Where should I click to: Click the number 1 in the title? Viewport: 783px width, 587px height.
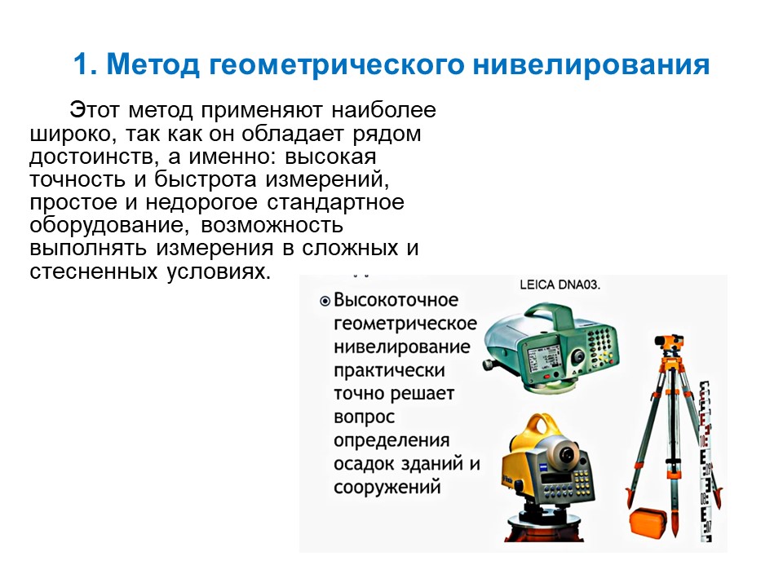(82, 64)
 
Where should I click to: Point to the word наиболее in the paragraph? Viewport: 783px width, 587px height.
(383, 110)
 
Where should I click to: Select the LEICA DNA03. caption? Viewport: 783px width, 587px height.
(560, 285)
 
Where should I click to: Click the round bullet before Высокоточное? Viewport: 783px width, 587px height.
(325, 301)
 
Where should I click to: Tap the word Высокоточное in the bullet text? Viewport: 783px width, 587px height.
(396, 300)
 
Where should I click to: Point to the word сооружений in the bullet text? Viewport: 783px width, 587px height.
(387, 487)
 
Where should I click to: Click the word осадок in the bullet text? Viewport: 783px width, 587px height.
(366, 464)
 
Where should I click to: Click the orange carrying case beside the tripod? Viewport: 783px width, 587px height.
(648, 522)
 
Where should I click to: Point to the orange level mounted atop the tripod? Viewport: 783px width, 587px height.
(669, 344)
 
